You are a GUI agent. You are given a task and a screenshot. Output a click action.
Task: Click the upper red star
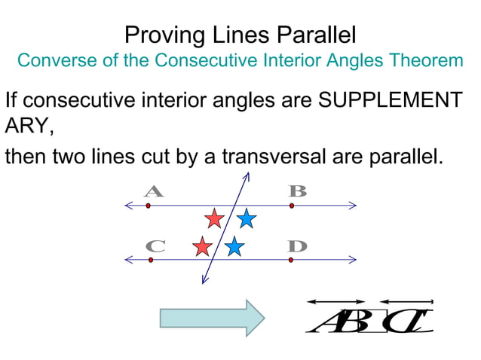(215, 219)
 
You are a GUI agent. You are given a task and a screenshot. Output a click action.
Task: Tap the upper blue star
(246, 219)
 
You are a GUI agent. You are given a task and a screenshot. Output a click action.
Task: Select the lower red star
(202, 246)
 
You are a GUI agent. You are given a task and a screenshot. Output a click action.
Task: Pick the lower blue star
(234, 246)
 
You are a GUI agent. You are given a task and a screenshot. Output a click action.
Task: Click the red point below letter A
(149, 205)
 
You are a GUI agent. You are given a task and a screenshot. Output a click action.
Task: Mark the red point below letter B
(292, 205)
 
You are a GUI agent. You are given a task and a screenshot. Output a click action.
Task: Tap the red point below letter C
(151, 260)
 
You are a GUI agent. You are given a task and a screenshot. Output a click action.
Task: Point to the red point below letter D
(291, 260)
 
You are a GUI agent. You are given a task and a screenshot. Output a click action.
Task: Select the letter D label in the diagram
(298, 246)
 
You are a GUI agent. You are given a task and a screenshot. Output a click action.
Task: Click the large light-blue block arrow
(212, 317)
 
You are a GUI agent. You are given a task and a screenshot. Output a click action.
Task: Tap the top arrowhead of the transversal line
(247, 175)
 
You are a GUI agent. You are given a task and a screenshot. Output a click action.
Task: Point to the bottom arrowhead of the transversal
(203, 282)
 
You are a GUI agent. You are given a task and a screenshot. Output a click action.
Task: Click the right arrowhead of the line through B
(353, 205)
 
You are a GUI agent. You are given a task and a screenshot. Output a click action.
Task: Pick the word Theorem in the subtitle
(429, 60)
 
